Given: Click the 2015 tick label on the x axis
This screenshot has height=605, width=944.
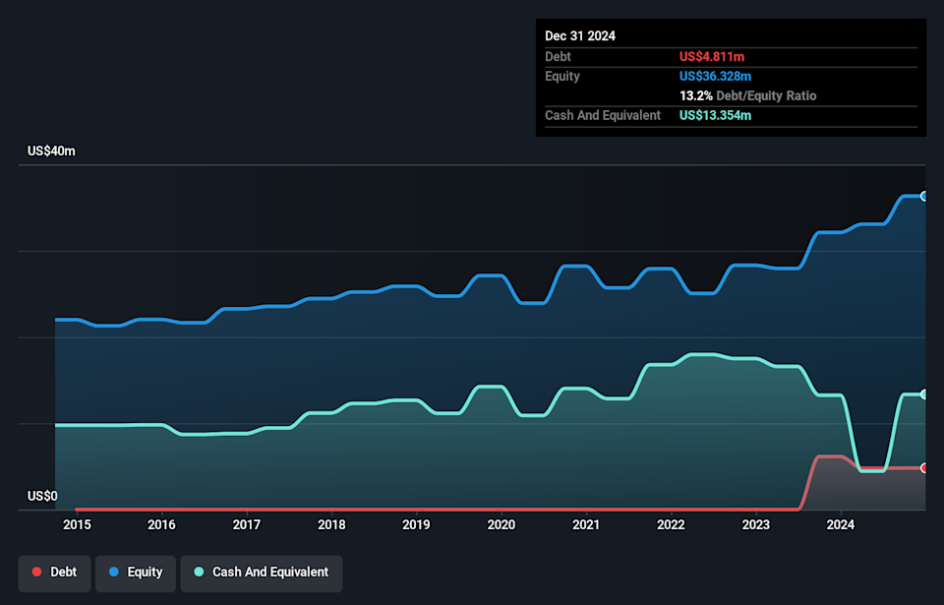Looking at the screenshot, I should tap(77, 524).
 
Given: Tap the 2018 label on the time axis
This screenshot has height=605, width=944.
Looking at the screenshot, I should tap(331, 524).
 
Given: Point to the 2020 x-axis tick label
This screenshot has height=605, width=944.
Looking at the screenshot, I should tap(501, 524).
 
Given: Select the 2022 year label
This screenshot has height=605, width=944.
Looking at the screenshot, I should tap(671, 524).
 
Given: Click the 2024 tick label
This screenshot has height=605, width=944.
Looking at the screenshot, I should tap(841, 524).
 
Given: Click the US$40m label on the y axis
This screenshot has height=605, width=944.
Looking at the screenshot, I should tap(51, 151).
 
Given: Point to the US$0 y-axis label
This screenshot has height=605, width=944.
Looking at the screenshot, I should tap(42, 496).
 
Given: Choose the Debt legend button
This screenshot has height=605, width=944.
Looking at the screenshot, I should tap(54, 573).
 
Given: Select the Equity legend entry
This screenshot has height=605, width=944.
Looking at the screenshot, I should tap(136, 573).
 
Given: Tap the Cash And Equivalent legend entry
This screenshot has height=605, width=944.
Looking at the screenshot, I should tap(261, 573).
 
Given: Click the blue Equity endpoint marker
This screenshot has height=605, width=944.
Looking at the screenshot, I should tap(924, 196).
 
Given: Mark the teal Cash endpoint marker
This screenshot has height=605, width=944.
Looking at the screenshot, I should tap(924, 394).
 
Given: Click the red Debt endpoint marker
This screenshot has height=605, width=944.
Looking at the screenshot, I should tap(924, 468).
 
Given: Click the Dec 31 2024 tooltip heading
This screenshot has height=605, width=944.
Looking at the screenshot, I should tap(580, 35).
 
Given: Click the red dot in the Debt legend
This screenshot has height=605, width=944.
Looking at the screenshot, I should tap(36, 573).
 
